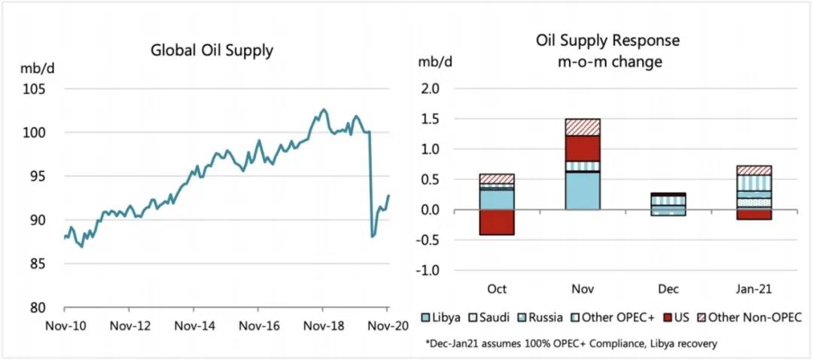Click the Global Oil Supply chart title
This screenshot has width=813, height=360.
212,51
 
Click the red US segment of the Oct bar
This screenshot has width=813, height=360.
497,222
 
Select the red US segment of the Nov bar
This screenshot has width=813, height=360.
583,148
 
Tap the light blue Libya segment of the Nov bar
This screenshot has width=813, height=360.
583,191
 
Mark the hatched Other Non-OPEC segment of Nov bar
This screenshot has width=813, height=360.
583,127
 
